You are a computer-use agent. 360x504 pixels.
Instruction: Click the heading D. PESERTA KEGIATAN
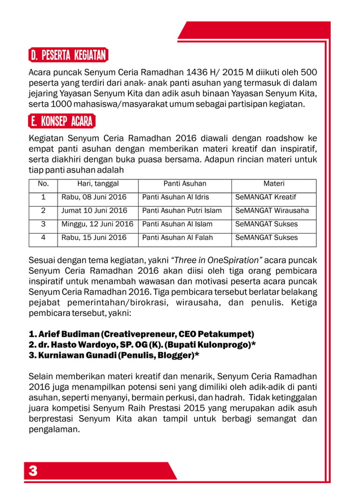[68, 56]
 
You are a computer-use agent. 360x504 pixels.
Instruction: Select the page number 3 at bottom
[33, 471]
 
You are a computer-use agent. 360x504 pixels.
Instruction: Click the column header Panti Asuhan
[185, 184]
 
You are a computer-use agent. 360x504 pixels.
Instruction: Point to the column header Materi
[274, 184]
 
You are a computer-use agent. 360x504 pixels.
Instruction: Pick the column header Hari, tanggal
[98, 184]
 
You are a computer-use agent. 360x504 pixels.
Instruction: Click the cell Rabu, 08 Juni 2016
[94, 198]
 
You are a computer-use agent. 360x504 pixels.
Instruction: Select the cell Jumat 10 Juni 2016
[94, 211]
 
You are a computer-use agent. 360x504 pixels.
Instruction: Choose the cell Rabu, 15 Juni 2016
[94, 238]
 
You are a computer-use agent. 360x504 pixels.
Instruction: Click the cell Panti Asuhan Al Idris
[175, 198]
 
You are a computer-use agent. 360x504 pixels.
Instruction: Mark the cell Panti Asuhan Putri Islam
[182, 211]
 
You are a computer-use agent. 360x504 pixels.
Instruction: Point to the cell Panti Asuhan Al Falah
[177, 238]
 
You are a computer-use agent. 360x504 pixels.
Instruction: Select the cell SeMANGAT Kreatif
[265, 198]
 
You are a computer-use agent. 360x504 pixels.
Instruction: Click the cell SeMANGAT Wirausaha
[272, 211]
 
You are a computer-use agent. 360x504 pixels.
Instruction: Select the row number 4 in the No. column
[43, 238]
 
